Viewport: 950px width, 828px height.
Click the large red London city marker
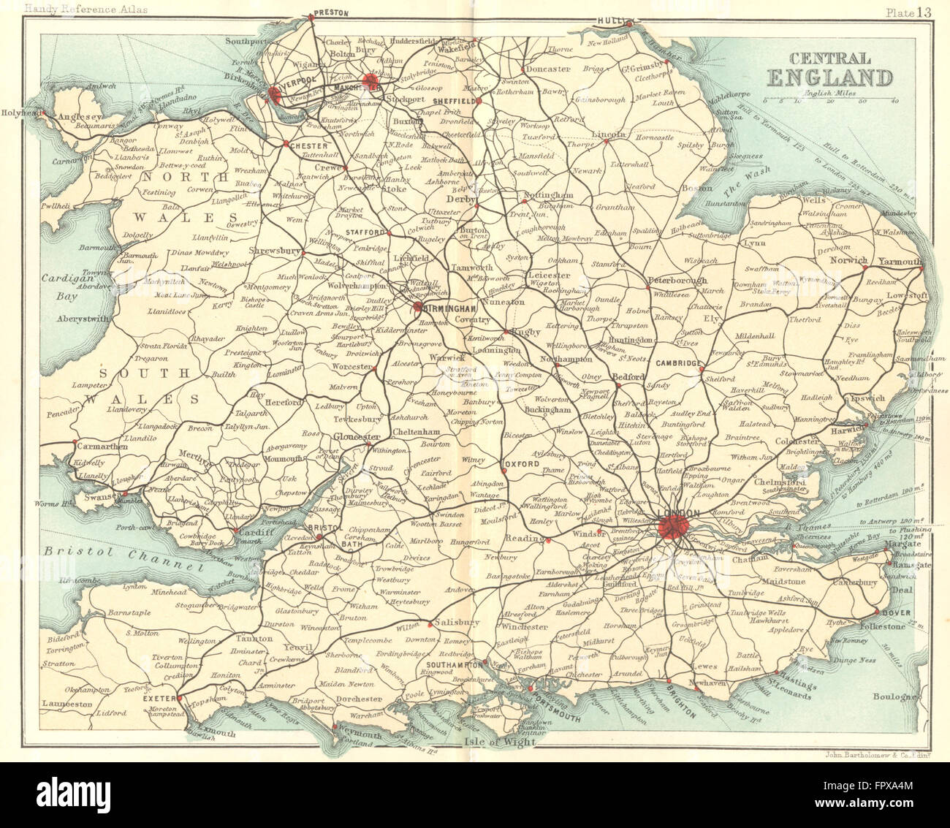[670, 526]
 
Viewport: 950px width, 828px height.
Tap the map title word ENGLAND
[829, 77]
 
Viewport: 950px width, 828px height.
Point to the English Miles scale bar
[829, 97]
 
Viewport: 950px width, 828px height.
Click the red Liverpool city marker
[275, 94]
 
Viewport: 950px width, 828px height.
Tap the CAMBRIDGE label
[679, 363]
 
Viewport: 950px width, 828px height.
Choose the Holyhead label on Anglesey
[19, 113]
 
